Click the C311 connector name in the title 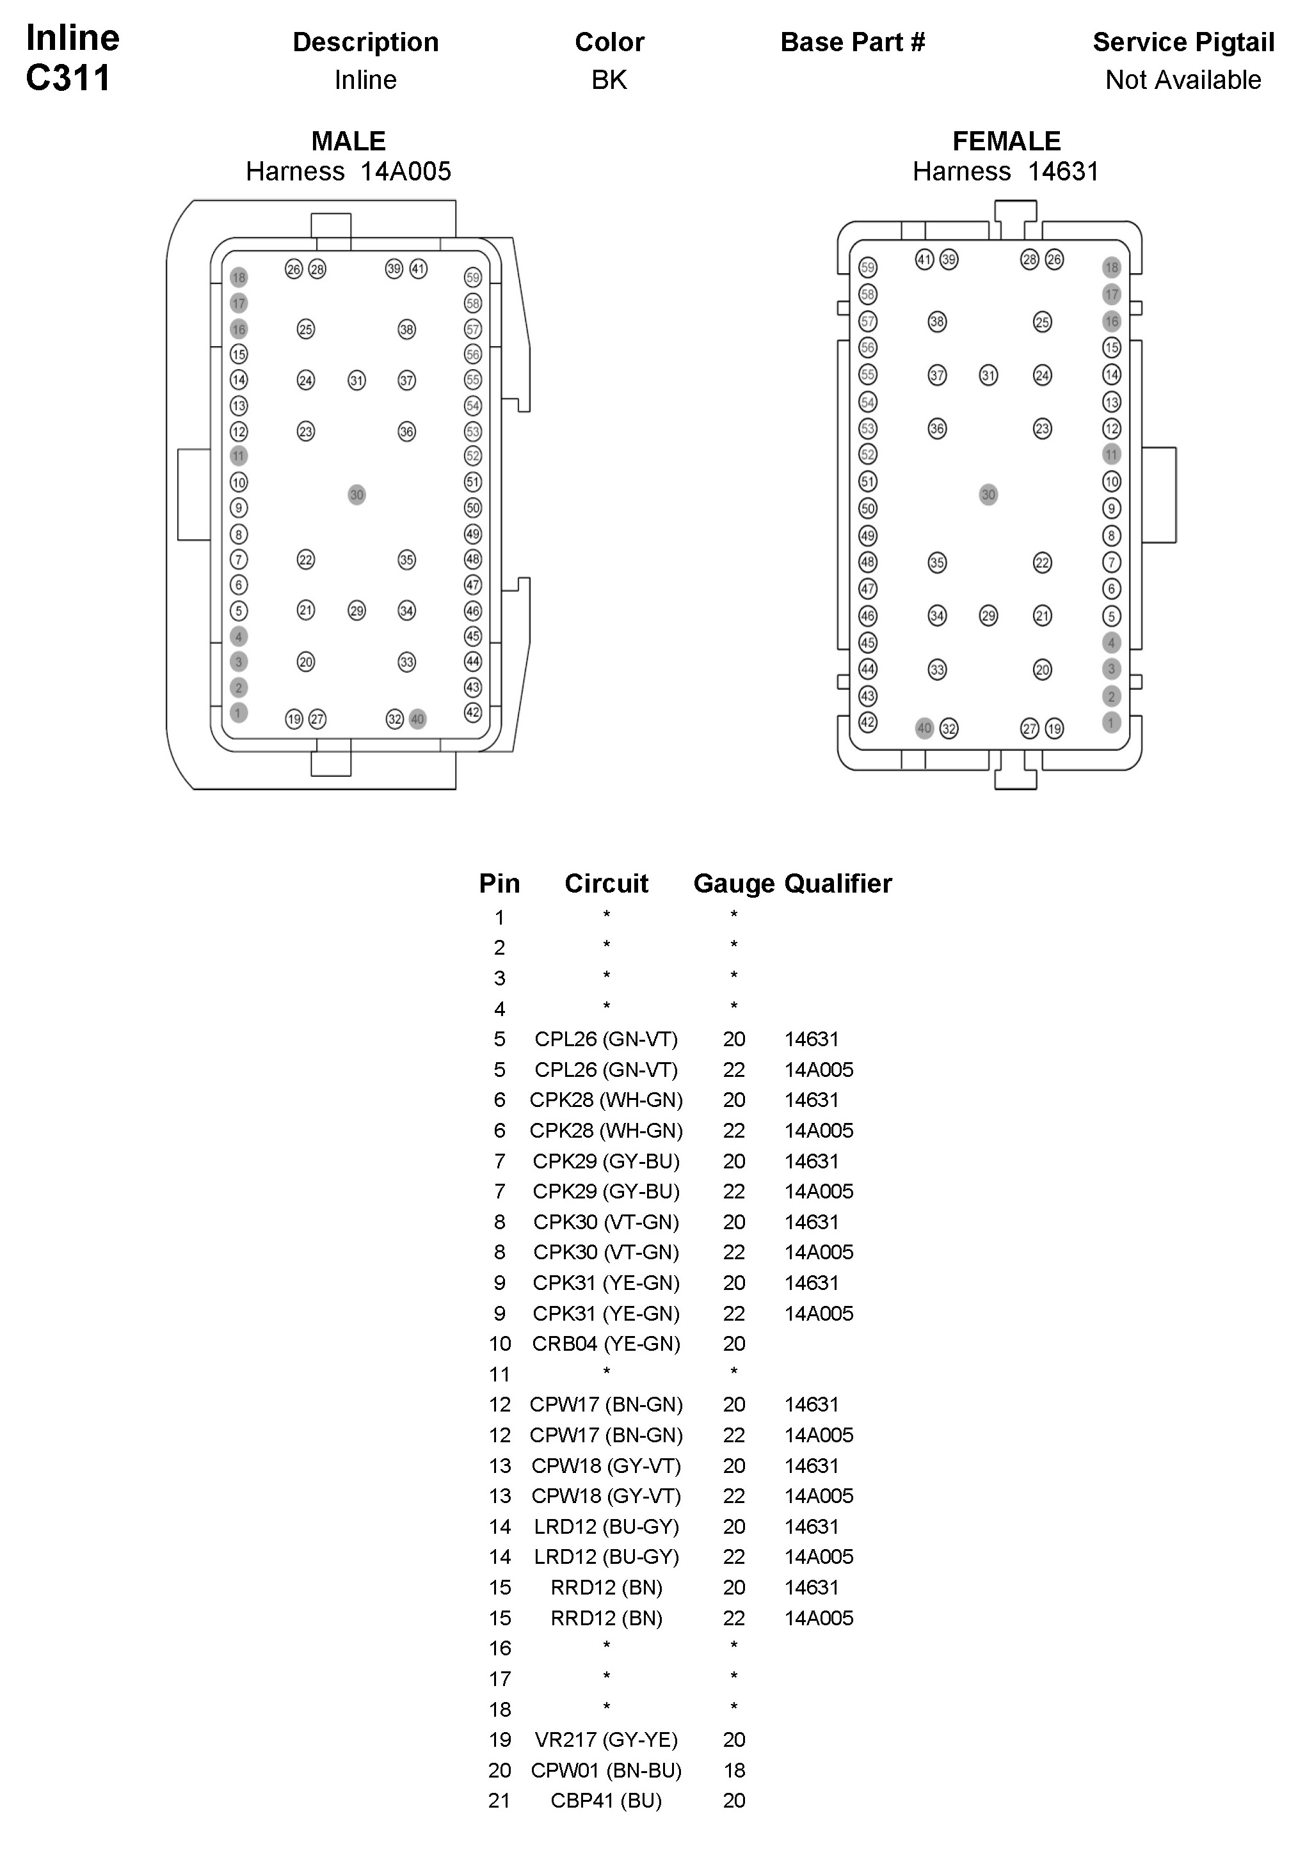(68, 79)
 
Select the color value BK (609, 80)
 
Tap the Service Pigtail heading (1183, 42)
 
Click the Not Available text (1183, 80)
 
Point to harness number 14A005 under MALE (406, 172)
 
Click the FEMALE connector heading (1006, 141)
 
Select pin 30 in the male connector (357, 495)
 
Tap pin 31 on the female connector (988, 376)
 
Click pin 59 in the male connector (473, 277)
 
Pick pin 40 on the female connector (924, 728)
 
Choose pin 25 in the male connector (306, 330)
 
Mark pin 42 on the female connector (868, 722)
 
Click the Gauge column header (733, 883)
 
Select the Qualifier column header (838, 883)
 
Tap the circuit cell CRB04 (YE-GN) (606, 1344)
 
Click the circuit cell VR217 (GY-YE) (606, 1740)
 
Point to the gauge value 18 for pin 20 (734, 1770)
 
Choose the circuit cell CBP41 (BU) (606, 1801)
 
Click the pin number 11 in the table (500, 1374)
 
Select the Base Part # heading (853, 42)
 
